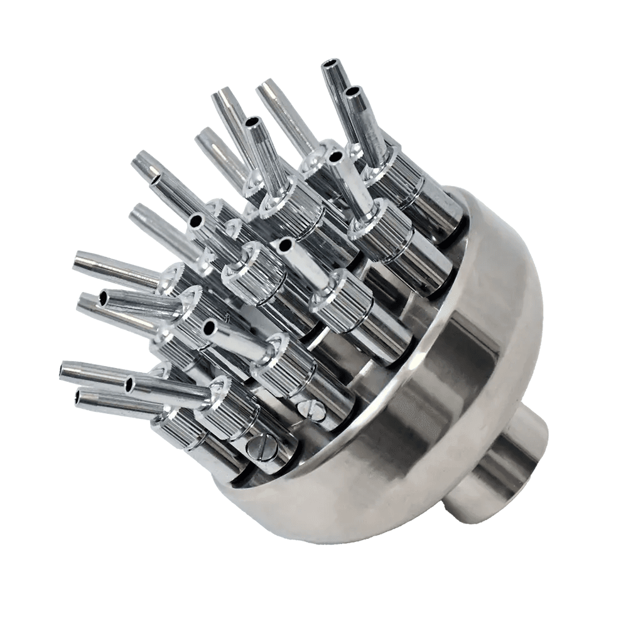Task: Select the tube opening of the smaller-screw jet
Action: tap(207, 327)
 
